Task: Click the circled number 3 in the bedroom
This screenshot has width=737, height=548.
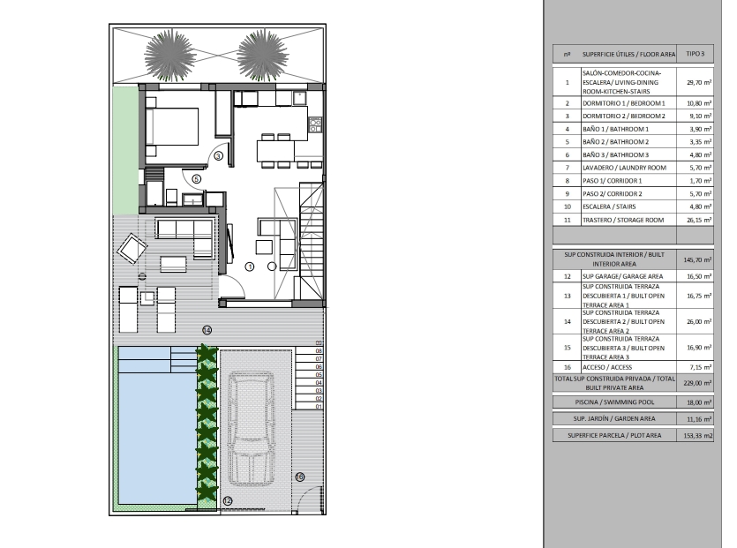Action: point(219,156)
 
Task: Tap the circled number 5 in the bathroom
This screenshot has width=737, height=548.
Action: point(197,178)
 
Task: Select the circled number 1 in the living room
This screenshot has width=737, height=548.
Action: point(250,266)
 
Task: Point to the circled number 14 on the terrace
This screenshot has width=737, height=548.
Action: point(207,330)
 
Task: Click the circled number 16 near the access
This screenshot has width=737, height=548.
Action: point(300,477)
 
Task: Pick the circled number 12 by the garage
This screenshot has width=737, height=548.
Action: point(228,501)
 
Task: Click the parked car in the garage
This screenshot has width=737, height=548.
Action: point(252,427)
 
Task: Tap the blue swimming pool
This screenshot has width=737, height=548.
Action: point(157,425)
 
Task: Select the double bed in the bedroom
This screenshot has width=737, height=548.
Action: point(171,127)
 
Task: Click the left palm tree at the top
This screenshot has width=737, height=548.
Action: point(169,56)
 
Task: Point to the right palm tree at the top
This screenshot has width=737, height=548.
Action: point(263,56)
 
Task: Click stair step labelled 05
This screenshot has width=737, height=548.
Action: point(319,374)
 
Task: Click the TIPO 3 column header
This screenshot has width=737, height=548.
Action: point(696,54)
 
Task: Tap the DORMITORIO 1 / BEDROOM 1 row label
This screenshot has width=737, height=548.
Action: point(624,103)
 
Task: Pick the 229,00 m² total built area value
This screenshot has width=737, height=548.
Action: point(697,383)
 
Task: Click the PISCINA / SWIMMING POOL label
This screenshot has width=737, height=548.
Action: point(614,402)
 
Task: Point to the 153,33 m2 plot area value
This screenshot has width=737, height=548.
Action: point(698,436)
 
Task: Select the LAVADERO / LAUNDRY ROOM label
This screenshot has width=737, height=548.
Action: point(624,168)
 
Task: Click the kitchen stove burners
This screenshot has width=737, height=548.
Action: point(315,124)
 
